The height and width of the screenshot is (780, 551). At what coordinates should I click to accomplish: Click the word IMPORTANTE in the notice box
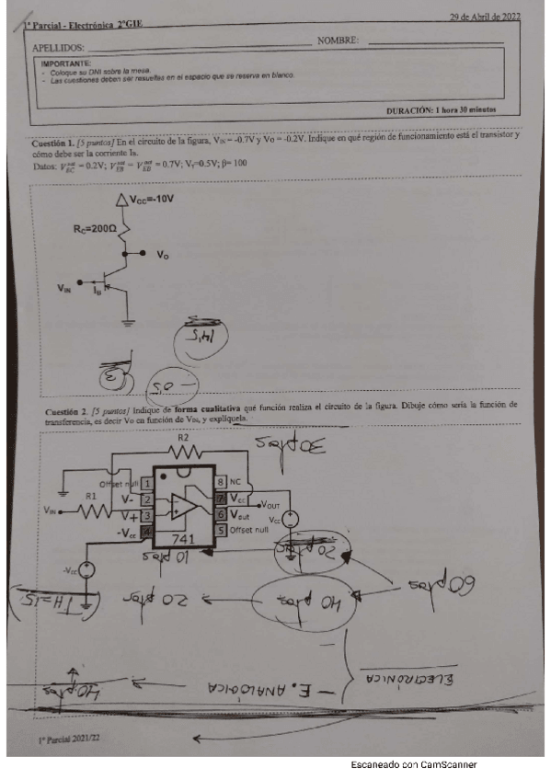(x=68, y=61)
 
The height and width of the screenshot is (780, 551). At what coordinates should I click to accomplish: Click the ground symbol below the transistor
(x=130, y=322)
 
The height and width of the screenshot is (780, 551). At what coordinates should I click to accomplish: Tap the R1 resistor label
(x=90, y=496)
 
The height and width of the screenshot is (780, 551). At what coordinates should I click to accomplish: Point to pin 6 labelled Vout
(x=237, y=514)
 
